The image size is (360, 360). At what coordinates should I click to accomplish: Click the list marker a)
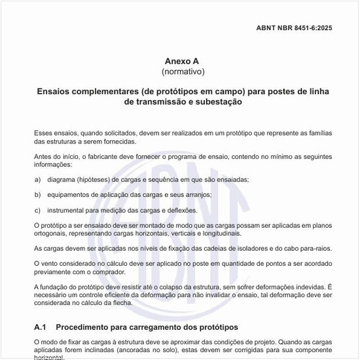37,179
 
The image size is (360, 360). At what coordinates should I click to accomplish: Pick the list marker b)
37,195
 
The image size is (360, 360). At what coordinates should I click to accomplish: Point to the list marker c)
37,210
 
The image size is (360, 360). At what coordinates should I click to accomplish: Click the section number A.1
41,327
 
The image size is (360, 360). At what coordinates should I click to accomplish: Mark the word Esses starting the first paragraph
44,133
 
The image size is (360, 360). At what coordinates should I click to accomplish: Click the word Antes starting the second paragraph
44,156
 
